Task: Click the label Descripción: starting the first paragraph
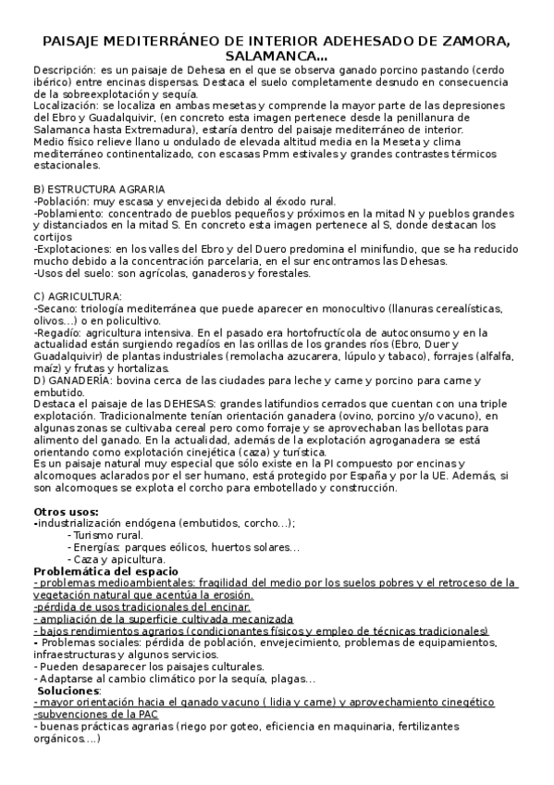click(x=64, y=70)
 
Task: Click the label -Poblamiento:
click(x=67, y=212)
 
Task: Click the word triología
click(x=101, y=307)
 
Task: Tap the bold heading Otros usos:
click(x=66, y=511)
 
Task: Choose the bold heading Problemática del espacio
click(x=112, y=571)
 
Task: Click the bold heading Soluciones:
click(x=72, y=691)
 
